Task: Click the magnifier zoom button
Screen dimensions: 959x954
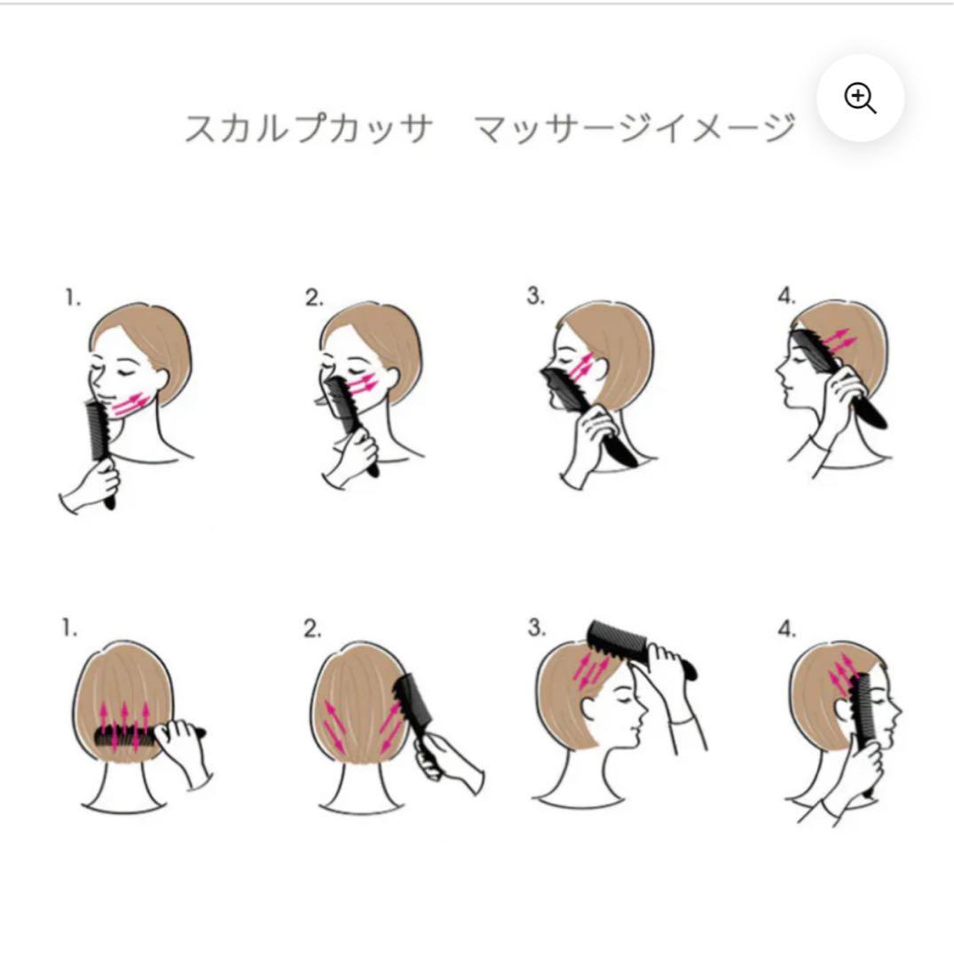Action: point(860,98)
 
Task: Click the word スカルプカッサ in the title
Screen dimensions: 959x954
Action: point(308,129)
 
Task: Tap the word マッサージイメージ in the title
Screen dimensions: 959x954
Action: point(634,129)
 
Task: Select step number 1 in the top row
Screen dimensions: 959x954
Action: point(72,298)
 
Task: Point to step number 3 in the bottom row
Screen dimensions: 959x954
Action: point(535,628)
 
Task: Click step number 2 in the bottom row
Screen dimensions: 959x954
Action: point(311,630)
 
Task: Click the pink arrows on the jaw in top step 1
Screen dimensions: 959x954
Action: point(130,404)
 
